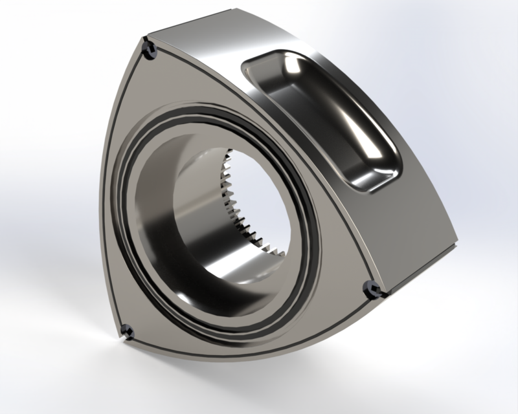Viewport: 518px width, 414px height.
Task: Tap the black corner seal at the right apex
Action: point(374,290)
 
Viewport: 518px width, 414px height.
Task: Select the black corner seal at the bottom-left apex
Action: point(126,331)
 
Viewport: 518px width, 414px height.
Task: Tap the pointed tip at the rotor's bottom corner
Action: point(121,338)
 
